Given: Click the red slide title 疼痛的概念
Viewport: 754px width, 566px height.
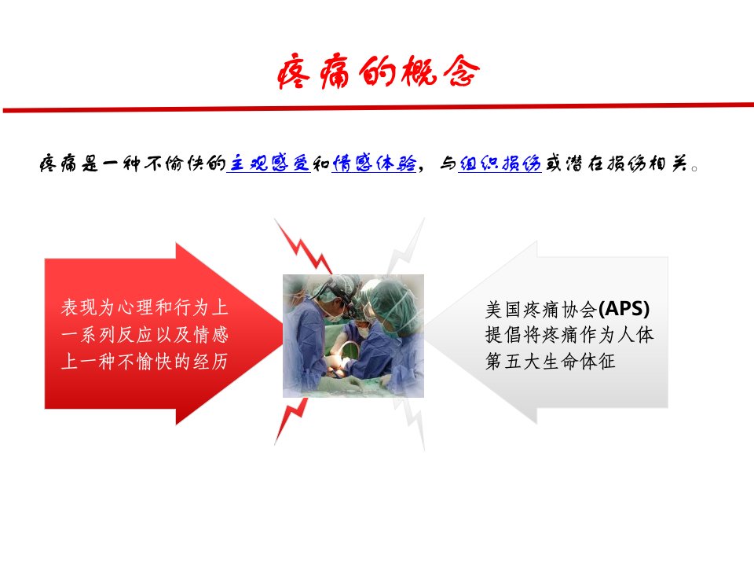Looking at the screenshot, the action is pyautogui.click(x=378, y=72).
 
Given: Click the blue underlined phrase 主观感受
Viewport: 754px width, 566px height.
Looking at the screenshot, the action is pyautogui.click(x=269, y=164).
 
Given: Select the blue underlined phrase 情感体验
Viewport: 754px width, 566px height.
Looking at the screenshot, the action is pyautogui.click(x=374, y=164).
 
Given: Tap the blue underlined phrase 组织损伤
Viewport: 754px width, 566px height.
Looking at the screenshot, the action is pyautogui.click(x=500, y=164).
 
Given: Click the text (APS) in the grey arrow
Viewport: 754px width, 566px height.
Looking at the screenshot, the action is pyautogui.click(x=624, y=308).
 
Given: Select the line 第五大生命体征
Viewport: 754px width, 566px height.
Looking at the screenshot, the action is pyautogui.click(x=550, y=361).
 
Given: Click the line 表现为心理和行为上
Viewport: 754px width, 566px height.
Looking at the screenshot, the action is pyautogui.click(x=145, y=307).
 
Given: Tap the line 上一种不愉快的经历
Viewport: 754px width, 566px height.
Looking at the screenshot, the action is pyautogui.click(x=145, y=361).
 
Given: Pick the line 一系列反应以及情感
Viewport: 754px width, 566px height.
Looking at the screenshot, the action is pyautogui.click(x=145, y=334).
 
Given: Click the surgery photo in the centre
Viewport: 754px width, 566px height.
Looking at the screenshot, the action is pyautogui.click(x=353, y=336).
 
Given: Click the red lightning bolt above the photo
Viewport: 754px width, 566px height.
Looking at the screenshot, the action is pyautogui.click(x=303, y=246).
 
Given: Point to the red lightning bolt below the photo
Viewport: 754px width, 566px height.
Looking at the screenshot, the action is pyautogui.click(x=291, y=421).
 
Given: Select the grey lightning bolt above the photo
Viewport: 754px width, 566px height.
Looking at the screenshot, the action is pyautogui.click(x=407, y=246).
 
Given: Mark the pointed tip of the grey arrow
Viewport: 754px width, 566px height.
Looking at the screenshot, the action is pyautogui.click(x=424, y=332).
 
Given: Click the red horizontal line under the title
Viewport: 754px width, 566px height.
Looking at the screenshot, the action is pyautogui.click(x=378, y=108).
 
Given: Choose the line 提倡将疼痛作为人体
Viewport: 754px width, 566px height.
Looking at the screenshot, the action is pyautogui.click(x=569, y=335).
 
